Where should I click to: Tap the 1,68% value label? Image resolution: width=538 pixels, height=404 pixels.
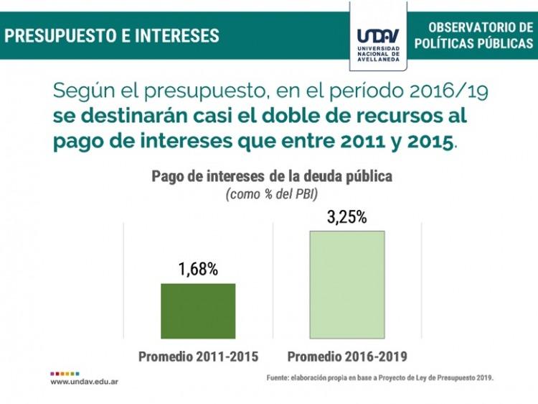(198, 270)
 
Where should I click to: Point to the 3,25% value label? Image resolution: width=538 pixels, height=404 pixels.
(346, 217)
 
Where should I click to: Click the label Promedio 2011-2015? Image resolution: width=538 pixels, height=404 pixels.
(198, 357)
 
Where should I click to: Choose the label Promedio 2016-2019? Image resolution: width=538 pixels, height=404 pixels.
(347, 357)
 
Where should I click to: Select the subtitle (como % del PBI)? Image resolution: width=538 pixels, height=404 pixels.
(272, 194)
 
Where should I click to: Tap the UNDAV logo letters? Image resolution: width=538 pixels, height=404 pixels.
(378, 36)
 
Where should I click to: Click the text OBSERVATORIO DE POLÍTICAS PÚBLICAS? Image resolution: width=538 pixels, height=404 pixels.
(473, 35)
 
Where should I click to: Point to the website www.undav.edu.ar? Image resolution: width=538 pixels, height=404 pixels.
(84, 382)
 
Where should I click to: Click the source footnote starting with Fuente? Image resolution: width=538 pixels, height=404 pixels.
(380, 377)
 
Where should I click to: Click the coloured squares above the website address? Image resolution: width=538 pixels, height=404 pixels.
(65, 373)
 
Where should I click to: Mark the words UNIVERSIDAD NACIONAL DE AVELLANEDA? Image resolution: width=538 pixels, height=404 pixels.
(378, 54)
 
